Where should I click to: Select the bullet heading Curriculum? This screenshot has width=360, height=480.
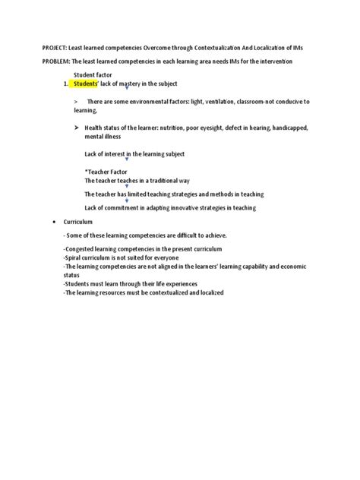click(78, 222)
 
